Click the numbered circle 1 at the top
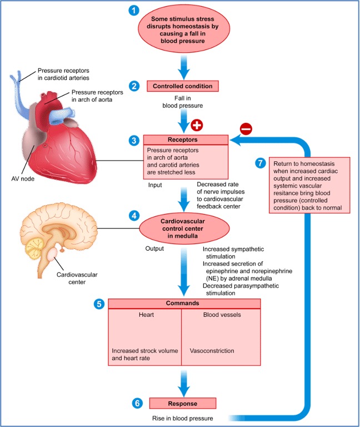tap(132, 10)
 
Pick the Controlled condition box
tap(182, 86)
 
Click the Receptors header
tap(186, 140)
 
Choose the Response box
tap(183, 402)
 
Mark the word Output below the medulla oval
tap(154, 249)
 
